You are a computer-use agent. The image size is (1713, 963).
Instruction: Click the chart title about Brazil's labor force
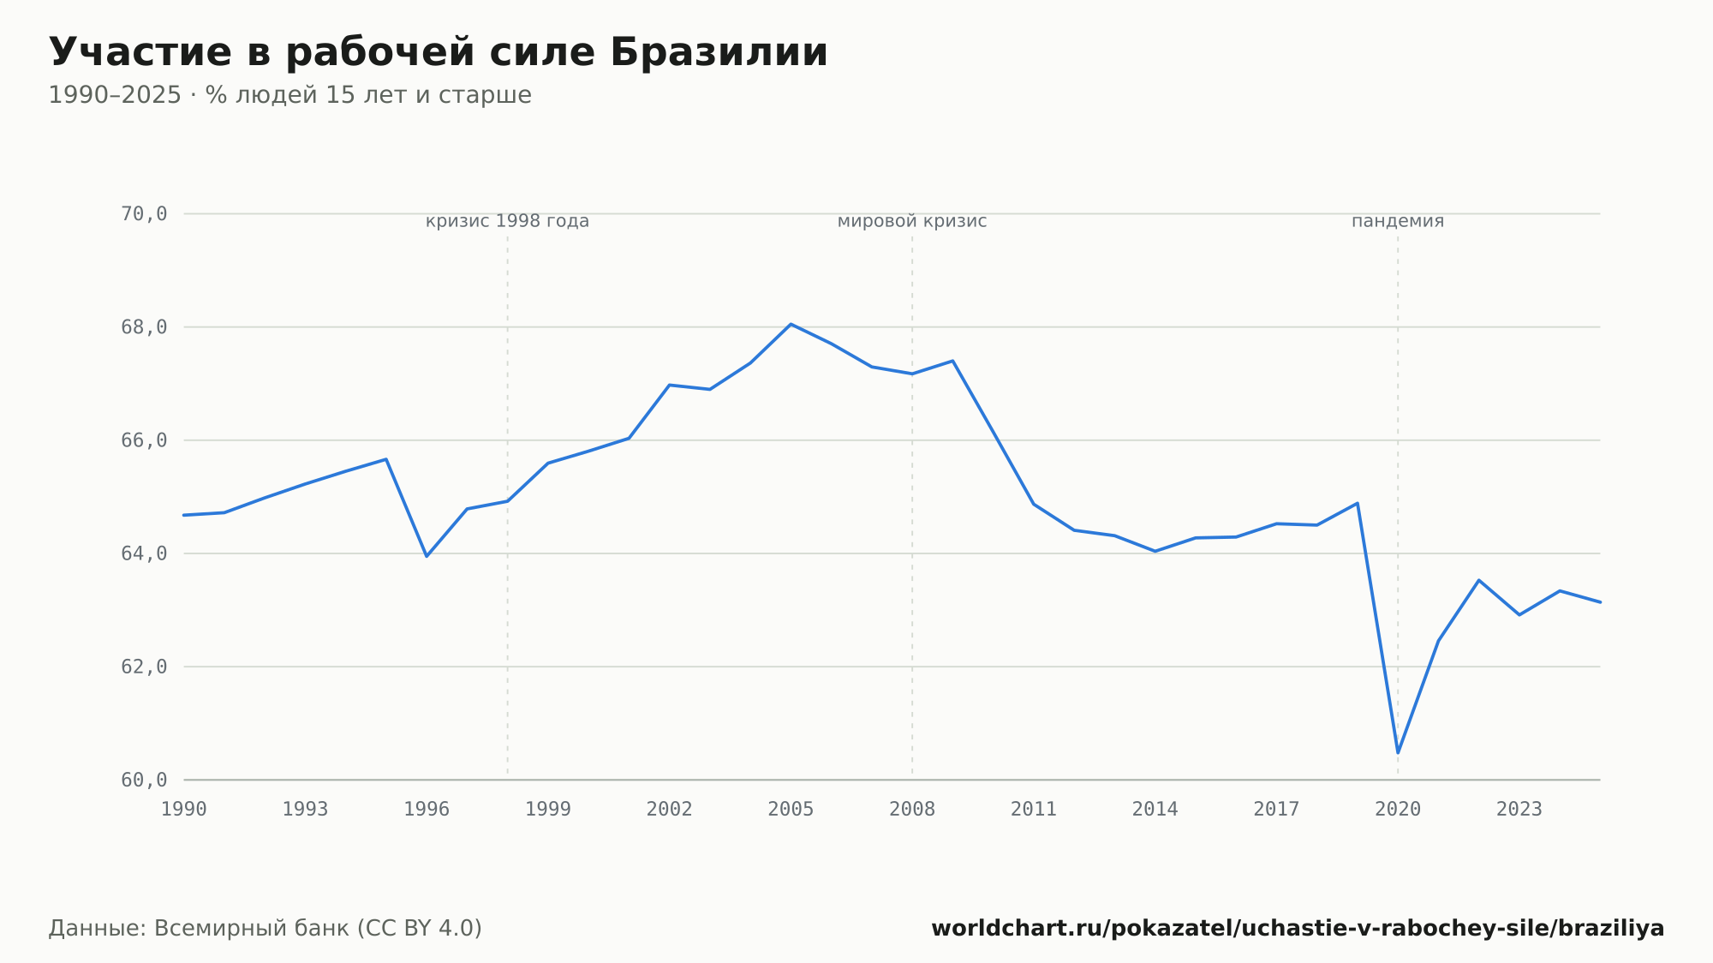pyautogui.click(x=439, y=52)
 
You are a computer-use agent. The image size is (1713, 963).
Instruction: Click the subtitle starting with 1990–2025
pyautogui.click(x=289, y=95)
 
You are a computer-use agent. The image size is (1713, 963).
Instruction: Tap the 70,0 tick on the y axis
pyautogui.click(x=144, y=214)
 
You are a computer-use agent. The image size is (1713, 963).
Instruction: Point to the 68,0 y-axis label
pyautogui.click(x=144, y=327)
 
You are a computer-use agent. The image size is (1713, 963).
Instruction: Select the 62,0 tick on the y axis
pyautogui.click(x=144, y=667)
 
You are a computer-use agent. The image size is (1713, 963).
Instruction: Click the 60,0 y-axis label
pyautogui.click(x=144, y=780)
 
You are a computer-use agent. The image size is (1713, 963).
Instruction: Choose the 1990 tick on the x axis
pyautogui.click(x=184, y=810)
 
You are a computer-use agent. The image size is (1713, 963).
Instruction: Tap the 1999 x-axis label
pyautogui.click(x=548, y=810)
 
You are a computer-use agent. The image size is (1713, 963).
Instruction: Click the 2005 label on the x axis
pyautogui.click(x=791, y=810)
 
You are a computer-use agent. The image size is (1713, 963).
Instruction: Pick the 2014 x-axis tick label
pyautogui.click(x=1155, y=810)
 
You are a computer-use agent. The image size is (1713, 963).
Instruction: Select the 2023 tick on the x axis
pyautogui.click(x=1519, y=810)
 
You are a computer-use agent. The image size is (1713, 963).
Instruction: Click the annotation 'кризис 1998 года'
pyautogui.click(x=507, y=222)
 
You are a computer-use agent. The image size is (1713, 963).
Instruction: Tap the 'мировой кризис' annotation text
pyautogui.click(x=912, y=222)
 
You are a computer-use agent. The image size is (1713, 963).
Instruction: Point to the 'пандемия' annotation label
pyautogui.click(x=1398, y=222)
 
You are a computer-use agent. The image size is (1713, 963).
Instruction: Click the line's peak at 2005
pyautogui.click(x=791, y=324)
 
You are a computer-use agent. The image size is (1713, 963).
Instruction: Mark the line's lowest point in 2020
pyautogui.click(x=1398, y=753)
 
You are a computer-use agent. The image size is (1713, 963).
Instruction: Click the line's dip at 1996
pyautogui.click(x=427, y=556)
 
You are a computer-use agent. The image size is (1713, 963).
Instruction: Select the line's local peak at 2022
pyautogui.click(x=1478, y=580)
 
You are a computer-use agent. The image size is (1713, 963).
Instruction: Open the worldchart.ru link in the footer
pyautogui.click(x=1298, y=929)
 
